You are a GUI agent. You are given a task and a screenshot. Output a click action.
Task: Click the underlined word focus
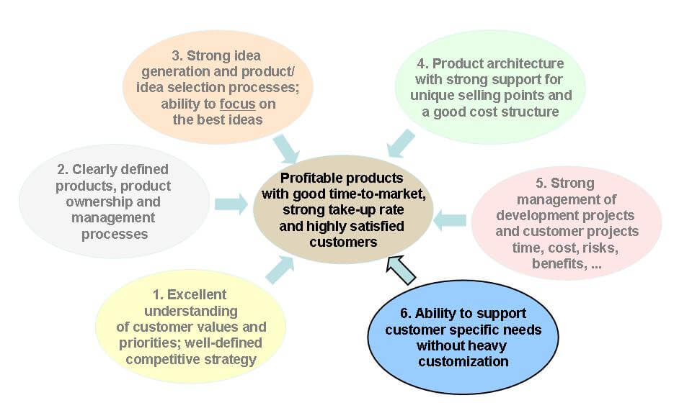click(237, 104)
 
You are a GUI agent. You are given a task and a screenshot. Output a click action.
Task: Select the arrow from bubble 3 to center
click(286, 149)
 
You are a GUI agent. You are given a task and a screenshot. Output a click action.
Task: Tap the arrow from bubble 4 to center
click(401, 143)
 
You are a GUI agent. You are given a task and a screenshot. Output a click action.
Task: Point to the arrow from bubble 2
click(231, 204)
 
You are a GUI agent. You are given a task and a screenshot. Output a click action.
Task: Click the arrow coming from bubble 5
click(450, 220)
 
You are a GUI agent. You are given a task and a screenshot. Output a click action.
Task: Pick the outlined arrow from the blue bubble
click(401, 270)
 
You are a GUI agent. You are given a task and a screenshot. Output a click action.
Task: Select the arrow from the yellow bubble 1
click(280, 270)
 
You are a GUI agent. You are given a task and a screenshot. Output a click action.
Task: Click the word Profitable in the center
click(310, 178)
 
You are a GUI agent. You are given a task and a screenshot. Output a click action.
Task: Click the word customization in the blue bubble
click(463, 362)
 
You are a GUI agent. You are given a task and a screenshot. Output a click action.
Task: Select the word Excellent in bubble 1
click(196, 294)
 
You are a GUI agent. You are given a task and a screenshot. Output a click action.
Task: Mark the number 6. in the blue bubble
click(406, 313)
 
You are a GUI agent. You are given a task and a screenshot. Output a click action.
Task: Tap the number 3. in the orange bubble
click(177, 56)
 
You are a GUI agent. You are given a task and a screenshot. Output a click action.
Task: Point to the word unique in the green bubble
click(432, 96)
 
